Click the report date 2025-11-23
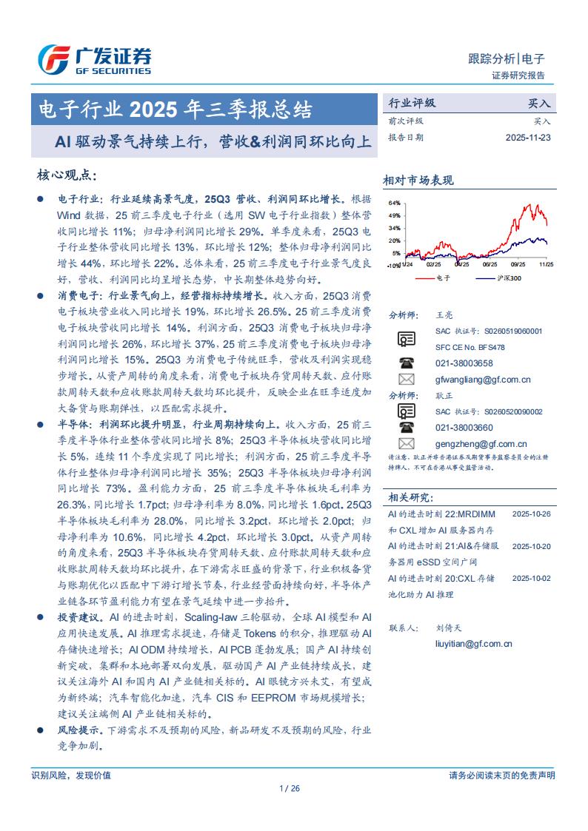[528, 137]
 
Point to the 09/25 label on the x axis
[490, 263]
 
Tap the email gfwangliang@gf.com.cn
[482, 380]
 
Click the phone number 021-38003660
[464, 428]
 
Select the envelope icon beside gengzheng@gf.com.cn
[407, 444]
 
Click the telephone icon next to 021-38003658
[407, 363]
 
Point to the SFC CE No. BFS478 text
[470, 347]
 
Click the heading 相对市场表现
[418, 180]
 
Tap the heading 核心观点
[67, 175]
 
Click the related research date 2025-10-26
[531, 514]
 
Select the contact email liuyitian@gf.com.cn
[473, 644]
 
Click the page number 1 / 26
[291, 789]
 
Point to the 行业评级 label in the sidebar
[412, 104]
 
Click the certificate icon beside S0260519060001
[407, 339]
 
